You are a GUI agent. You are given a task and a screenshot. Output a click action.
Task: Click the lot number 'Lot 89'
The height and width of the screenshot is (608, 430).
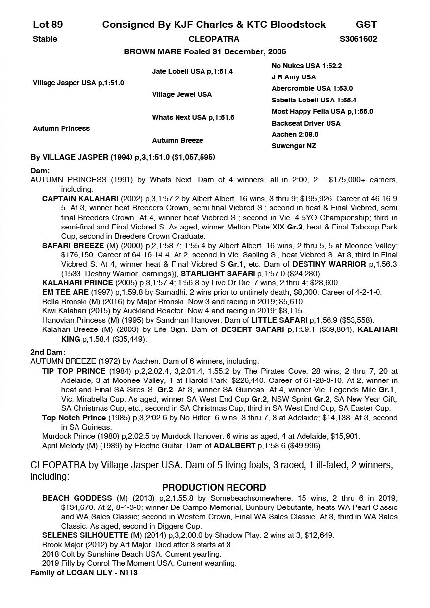pyautogui.click(x=48, y=25)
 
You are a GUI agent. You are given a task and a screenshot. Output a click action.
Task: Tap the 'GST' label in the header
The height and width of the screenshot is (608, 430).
pyautogui.click(x=366, y=25)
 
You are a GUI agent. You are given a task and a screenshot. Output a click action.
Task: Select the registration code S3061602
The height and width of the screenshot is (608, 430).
pyautogui.click(x=358, y=39)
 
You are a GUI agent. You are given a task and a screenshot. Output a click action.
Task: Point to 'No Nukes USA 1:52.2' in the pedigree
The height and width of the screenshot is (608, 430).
pyautogui.click(x=306, y=65)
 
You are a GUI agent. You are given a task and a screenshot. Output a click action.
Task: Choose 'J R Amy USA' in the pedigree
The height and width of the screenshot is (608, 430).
pyautogui.click(x=294, y=77)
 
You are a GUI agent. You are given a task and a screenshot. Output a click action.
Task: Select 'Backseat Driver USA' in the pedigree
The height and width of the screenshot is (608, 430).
pyautogui.click(x=306, y=123)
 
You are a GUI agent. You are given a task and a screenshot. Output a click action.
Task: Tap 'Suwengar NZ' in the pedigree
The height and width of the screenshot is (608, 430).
pyautogui.click(x=294, y=146)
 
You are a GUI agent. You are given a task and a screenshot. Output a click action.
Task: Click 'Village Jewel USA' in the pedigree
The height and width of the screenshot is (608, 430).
pyautogui.click(x=182, y=94)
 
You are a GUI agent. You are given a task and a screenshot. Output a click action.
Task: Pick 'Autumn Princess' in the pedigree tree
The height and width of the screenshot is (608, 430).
pyautogui.click(x=61, y=128)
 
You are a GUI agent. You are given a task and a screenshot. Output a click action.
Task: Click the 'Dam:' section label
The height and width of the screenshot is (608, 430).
pyautogui.click(x=40, y=171)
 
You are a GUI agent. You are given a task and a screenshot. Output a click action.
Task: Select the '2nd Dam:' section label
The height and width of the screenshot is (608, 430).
pyautogui.click(x=48, y=352)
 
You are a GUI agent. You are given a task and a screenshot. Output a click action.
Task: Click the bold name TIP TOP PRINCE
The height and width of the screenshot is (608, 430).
pyautogui.click(x=74, y=371)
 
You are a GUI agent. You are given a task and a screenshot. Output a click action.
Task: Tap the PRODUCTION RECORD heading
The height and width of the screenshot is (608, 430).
pyautogui.click(x=214, y=487)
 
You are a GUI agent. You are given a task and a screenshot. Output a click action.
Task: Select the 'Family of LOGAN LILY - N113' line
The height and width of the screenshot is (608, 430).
pyautogui.click(x=84, y=572)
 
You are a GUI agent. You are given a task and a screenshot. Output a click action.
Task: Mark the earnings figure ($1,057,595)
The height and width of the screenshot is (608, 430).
pyautogui.click(x=191, y=157)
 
